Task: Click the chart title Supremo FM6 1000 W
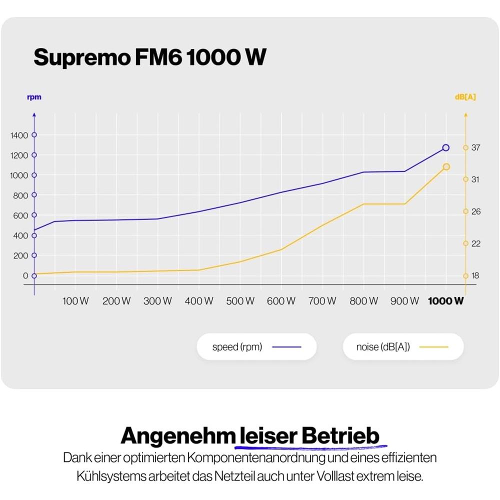coord(149,58)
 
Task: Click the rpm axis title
coord(34,97)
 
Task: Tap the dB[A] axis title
coord(465,97)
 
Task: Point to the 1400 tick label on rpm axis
coord(19,135)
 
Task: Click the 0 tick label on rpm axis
coord(25,275)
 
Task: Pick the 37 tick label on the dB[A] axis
coord(475,147)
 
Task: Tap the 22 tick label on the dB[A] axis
coord(475,243)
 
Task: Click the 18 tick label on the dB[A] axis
coord(475,275)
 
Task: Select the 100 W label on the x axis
coord(75,301)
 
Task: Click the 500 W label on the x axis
coord(240,301)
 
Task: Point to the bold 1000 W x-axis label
coord(445,301)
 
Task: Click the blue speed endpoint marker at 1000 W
coord(445,147)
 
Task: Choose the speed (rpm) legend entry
coord(256,346)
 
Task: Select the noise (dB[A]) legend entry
coord(402,346)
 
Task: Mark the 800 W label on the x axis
coord(363,301)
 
